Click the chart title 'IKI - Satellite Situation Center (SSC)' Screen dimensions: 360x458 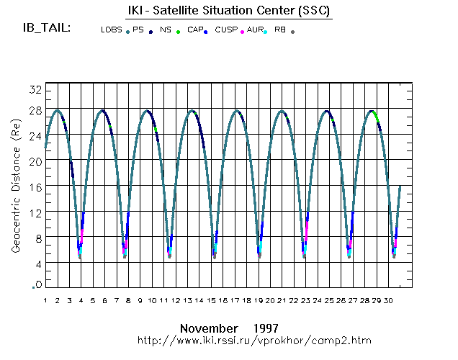[x=223, y=11]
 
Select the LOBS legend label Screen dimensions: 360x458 [x=112, y=30]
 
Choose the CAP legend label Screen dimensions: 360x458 [x=195, y=30]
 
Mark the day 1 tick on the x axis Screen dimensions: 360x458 [x=45, y=300]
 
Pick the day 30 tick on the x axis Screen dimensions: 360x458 [x=389, y=300]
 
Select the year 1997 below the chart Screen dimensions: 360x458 [x=266, y=327]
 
